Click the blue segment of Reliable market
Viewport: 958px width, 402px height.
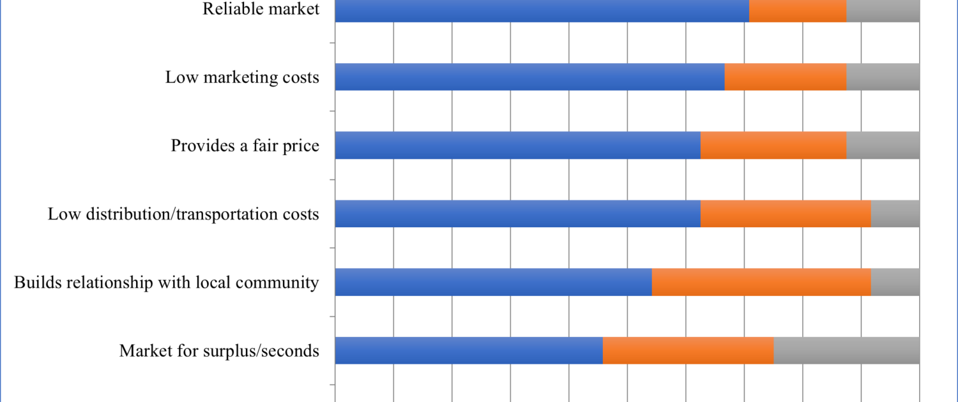tap(542, 10)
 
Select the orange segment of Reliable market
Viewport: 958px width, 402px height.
tap(798, 10)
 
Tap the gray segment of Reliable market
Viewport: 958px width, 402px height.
tap(883, 10)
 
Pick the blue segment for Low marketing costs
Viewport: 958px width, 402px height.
tap(529, 77)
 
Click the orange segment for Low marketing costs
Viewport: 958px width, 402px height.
tap(786, 77)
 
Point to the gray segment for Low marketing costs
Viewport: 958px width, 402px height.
tap(883, 77)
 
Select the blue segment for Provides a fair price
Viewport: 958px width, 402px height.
tap(517, 145)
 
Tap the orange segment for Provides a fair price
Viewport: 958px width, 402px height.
tap(773, 145)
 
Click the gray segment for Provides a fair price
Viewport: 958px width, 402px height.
tap(883, 145)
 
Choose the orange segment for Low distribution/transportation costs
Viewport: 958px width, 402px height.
tap(786, 214)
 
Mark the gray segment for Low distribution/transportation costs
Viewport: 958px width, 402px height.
tap(895, 214)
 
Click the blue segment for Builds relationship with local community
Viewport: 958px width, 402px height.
tap(493, 282)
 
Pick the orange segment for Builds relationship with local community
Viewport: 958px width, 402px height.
tap(761, 282)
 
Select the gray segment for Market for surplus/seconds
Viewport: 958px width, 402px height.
tap(846, 350)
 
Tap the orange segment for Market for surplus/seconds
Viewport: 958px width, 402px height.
tap(688, 350)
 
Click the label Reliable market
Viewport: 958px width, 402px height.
tap(261, 9)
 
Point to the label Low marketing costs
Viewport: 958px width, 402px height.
tap(242, 77)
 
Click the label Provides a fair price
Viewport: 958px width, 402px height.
tap(245, 145)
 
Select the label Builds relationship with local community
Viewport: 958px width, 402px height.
tap(166, 282)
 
